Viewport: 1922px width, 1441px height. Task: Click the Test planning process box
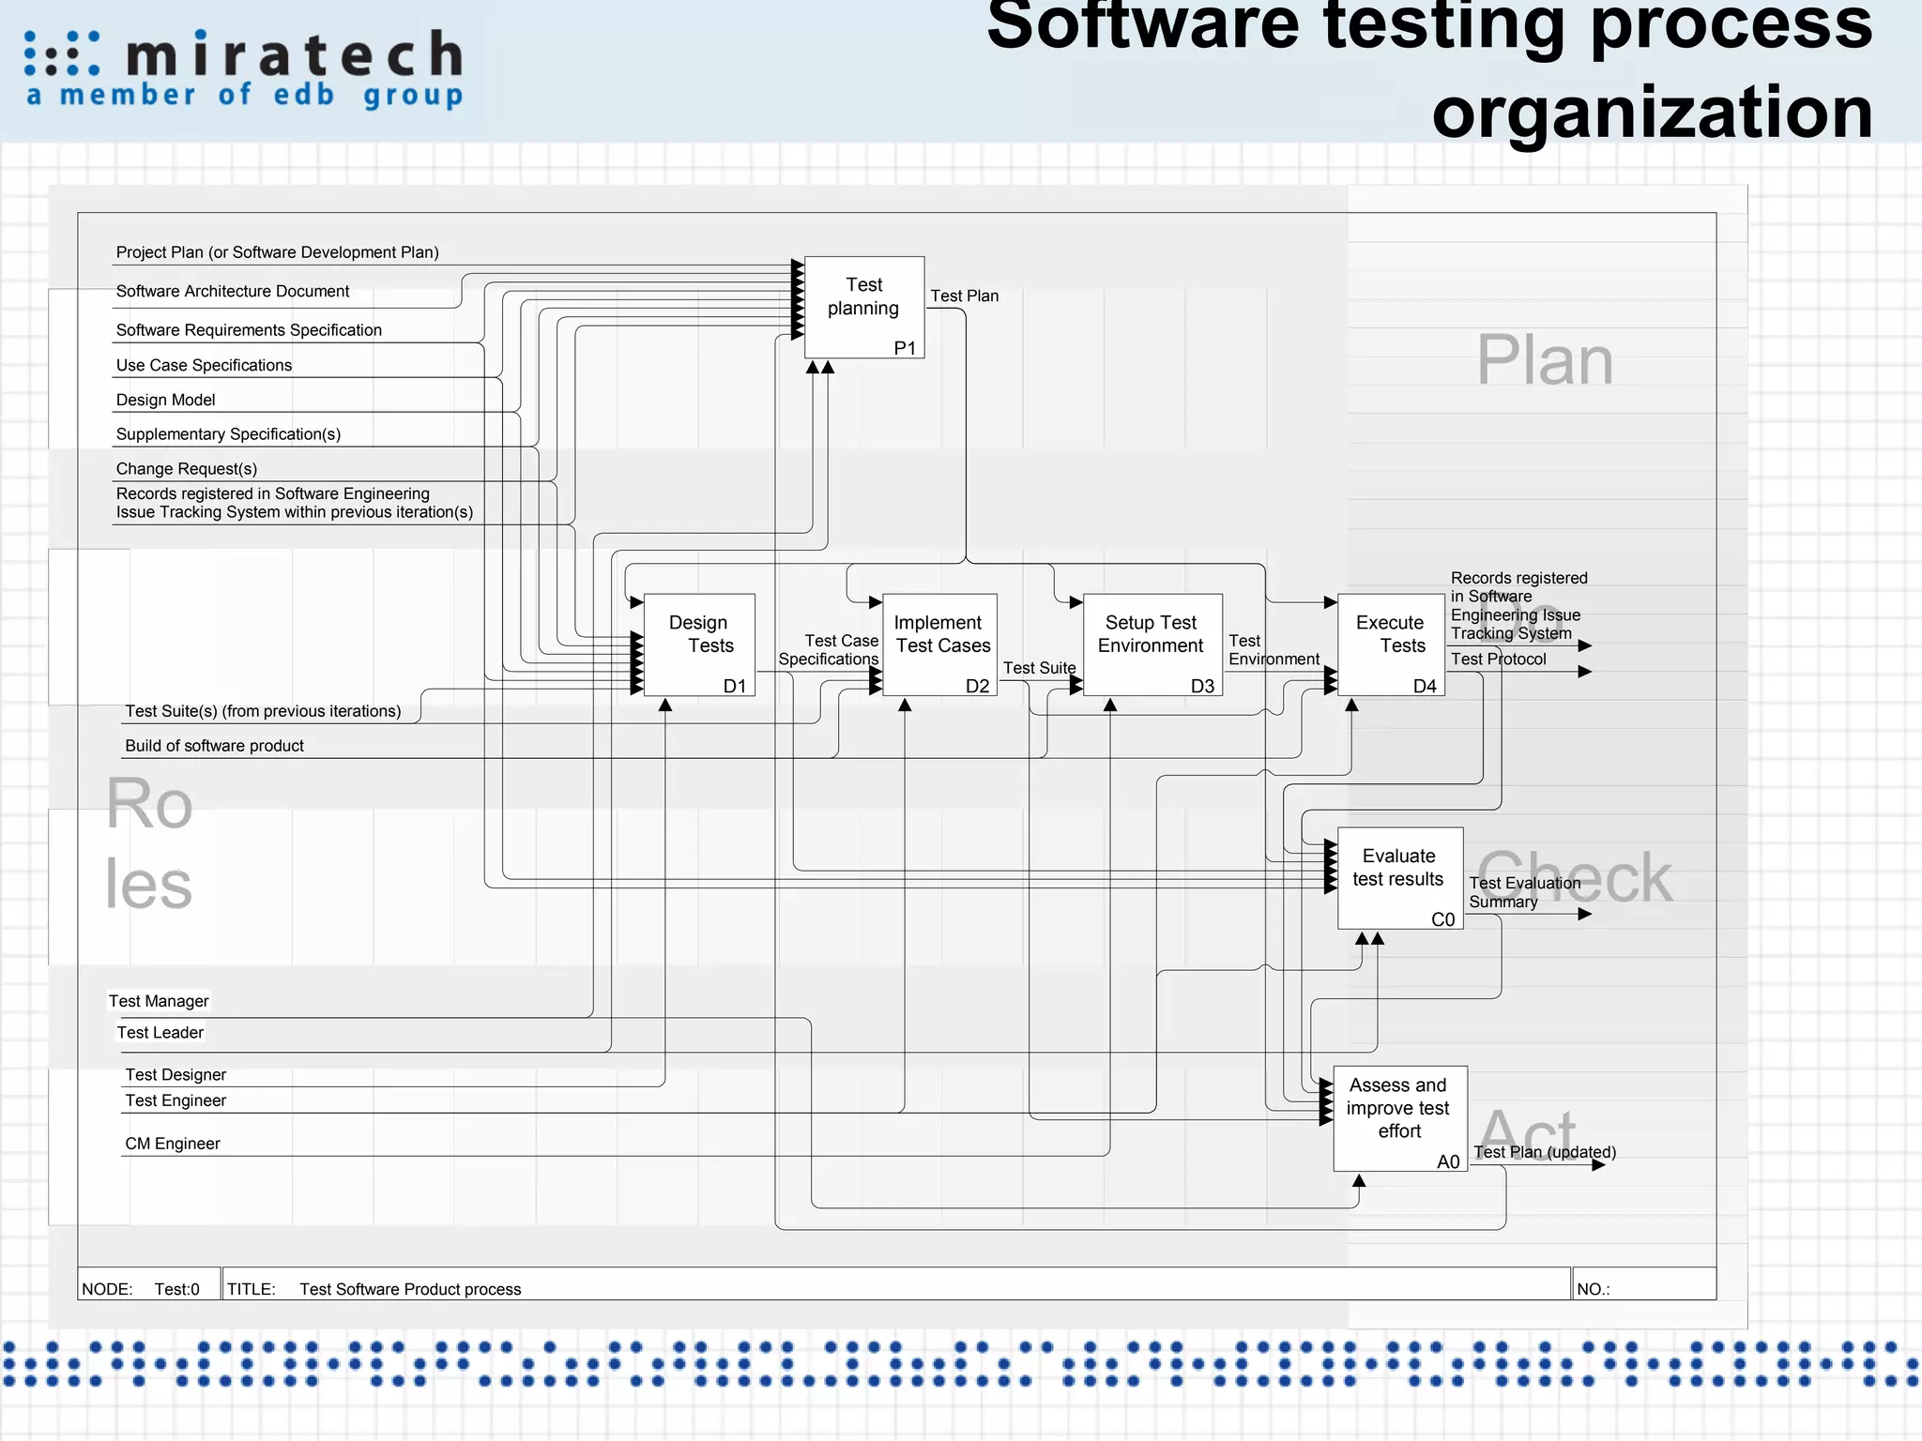pos(863,307)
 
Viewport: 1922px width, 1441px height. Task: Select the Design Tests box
pos(699,645)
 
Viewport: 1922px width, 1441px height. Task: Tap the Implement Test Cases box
pos(940,645)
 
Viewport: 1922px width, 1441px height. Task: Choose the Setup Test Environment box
pos(1152,645)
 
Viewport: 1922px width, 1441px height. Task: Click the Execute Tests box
pos(1391,645)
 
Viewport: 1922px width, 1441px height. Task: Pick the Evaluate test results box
pos(1399,877)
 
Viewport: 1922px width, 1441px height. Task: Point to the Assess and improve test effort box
pos(1399,1117)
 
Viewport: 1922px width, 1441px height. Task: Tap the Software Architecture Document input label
pos(233,292)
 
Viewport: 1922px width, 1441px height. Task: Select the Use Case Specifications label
pos(204,366)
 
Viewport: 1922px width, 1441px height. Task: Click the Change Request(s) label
pos(186,469)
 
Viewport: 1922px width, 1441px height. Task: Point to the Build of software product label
pos(214,746)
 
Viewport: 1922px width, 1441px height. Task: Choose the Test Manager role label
pos(159,1001)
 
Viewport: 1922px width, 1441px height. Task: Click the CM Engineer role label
pos(173,1144)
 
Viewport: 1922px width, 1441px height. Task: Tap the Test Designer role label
pos(175,1075)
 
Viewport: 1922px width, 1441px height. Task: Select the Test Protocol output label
pos(1498,660)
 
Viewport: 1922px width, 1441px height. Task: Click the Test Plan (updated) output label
pos(1544,1152)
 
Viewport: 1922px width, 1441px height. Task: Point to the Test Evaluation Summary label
pos(1523,892)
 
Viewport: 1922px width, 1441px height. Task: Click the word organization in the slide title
pos(1652,113)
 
